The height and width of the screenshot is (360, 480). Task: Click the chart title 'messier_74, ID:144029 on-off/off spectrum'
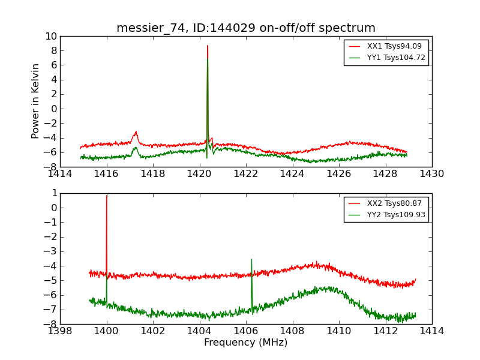246,28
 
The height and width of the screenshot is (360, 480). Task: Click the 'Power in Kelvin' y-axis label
36,101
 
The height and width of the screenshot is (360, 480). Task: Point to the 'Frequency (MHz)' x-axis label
246,343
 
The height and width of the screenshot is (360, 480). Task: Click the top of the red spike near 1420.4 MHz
208,46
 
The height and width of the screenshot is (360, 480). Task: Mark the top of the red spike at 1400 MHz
107,196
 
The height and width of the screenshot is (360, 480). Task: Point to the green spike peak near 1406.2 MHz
251,259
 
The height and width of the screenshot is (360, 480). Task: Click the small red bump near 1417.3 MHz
136,132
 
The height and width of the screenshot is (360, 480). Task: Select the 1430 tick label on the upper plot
431,174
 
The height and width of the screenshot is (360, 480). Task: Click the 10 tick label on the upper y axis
50,36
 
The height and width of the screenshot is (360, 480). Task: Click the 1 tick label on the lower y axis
53,193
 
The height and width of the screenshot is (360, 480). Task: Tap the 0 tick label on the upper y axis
53,109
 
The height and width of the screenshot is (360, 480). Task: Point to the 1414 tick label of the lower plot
431,331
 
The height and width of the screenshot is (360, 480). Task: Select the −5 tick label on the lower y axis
50,280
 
